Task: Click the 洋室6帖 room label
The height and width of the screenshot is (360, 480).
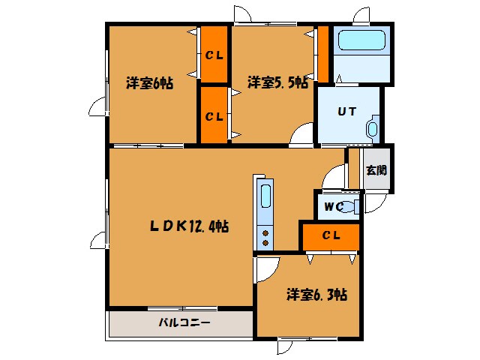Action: pos(150,83)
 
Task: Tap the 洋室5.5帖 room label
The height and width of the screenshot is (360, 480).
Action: pos(277,83)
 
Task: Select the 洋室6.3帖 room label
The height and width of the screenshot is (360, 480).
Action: pos(316,295)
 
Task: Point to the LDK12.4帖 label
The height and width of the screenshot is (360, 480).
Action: pos(187,225)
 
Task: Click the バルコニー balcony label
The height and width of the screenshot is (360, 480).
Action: pos(184,324)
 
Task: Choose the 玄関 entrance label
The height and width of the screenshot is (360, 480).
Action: pos(376,169)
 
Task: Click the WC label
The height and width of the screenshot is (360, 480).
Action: pos(333,206)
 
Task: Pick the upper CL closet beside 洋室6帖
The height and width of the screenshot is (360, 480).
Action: pos(214,55)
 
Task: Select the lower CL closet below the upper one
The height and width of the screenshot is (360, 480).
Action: pos(214,116)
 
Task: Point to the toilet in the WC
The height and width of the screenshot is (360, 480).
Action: pos(352,206)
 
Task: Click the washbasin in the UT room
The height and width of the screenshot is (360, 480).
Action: pos(372,128)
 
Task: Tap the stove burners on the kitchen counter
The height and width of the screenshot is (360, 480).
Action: pos(265,237)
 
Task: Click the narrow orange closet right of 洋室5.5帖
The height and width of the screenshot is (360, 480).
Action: pos(323,55)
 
